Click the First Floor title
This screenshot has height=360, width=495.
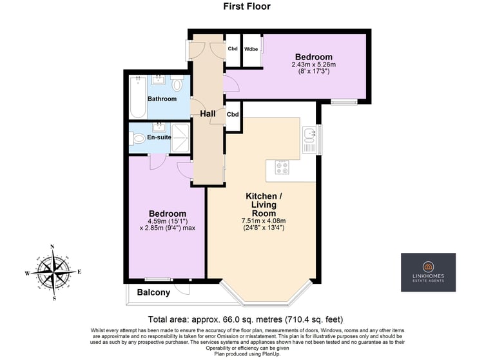247,6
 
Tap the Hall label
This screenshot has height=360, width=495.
208,114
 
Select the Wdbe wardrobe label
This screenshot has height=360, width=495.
251,49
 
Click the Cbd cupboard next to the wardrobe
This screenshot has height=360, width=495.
233,48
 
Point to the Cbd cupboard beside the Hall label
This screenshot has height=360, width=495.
233,114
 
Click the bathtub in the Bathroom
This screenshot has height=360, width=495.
138,97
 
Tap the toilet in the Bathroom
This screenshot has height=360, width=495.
177,83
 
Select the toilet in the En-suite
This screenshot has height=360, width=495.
137,139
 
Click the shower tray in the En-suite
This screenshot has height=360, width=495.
180,138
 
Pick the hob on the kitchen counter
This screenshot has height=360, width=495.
282,167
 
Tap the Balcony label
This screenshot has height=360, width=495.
153,292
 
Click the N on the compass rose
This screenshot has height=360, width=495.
52,247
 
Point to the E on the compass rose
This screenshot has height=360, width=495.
79,272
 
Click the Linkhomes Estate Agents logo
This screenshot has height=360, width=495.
428,272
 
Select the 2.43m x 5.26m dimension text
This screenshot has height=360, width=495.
313,65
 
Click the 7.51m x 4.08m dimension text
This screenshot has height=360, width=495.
264,221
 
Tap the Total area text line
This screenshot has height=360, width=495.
246,319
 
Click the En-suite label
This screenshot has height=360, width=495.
159,137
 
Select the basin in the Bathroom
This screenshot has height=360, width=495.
157,79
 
